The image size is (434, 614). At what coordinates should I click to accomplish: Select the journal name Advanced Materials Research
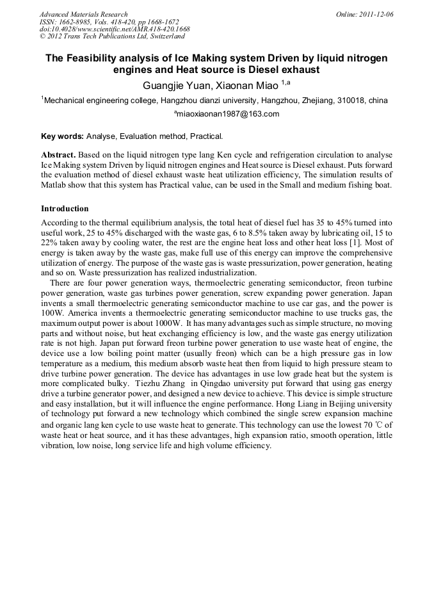[x=83, y=14]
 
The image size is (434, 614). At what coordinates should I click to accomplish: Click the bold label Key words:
[x=62, y=136]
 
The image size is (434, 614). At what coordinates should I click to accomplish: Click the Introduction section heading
[x=65, y=209]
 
